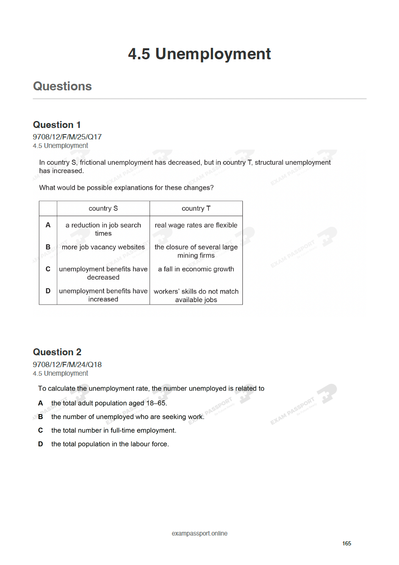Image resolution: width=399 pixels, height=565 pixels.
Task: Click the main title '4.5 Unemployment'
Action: click(199, 54)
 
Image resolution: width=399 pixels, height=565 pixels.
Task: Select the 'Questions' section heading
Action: click(62, 86)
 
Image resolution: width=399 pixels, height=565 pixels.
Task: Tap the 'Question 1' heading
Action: click(57, 125)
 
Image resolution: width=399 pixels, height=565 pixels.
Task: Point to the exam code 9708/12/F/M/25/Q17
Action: click(67, 137)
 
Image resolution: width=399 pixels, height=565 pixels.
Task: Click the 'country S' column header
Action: click(103, 209)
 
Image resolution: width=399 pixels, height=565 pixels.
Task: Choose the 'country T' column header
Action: click(196, 209)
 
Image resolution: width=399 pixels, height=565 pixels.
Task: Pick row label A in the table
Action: click(48, 225)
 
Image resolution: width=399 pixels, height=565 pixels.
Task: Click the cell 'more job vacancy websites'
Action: click(103, 247)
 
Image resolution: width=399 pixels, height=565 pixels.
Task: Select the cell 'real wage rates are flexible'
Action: click(196, 225)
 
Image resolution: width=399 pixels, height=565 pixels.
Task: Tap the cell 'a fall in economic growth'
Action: click(196, 269)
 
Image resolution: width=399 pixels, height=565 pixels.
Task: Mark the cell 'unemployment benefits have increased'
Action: click(103, 295)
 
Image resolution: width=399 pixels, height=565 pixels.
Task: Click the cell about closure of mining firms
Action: click(196, 251)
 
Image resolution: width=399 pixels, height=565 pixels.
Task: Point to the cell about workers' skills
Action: click(196, 295)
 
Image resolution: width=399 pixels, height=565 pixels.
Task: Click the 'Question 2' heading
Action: click(57, 352)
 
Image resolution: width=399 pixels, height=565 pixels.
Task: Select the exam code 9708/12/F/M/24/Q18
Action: click(67, 365)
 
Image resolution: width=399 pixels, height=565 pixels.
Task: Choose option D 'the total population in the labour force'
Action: click(110, 444)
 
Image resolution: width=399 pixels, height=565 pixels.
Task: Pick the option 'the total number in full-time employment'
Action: click(114, 430)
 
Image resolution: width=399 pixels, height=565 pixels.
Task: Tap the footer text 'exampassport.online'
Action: click(199, 534)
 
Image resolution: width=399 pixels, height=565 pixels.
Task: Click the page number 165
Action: click(347, 543)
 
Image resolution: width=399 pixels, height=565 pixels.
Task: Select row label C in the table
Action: click(48, 269)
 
